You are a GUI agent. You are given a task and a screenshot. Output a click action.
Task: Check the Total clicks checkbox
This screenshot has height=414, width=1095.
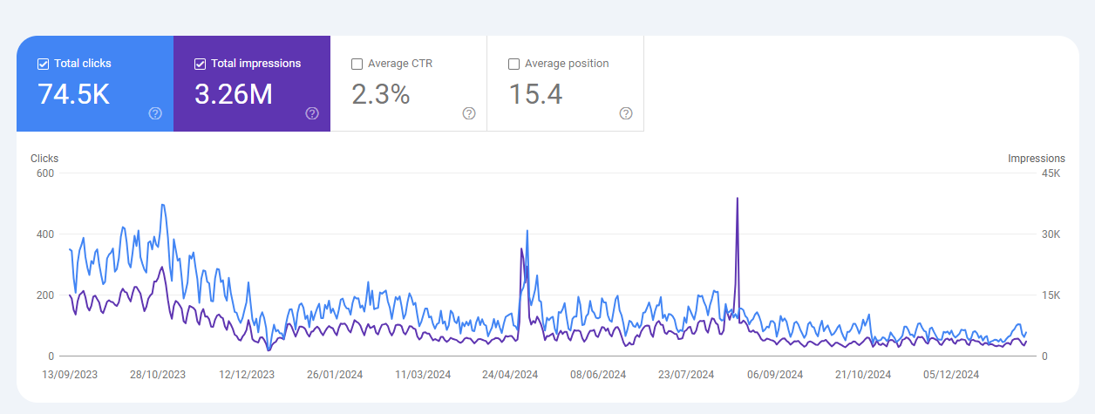tap(43, 64)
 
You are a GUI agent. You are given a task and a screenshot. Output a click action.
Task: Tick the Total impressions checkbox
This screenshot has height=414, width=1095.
tap(200, 64)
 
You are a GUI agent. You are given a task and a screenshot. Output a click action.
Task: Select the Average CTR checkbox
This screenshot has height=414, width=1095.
tap(357, 64)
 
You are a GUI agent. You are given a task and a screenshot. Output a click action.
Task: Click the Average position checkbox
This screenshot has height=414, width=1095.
tap(513, 64)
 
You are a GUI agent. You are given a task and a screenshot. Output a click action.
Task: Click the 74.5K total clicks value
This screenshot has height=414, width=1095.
tap(73, 94)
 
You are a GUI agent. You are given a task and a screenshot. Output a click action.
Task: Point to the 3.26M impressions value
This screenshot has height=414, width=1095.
tap(234, 94)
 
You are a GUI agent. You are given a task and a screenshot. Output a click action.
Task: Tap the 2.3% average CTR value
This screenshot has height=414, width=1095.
tap(380, 94)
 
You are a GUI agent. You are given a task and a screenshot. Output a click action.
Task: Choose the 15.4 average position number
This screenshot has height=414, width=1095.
tap(535, 94)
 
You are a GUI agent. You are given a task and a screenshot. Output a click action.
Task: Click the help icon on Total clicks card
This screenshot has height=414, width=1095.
tap(155, 113)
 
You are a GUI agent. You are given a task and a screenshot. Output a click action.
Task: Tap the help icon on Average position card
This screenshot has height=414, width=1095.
tap(626, 113)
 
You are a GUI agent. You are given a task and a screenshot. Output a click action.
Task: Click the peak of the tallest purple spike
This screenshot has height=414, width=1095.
tap(738, 199)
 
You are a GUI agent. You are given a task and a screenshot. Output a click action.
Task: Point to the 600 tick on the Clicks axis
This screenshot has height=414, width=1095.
tap(45, 173)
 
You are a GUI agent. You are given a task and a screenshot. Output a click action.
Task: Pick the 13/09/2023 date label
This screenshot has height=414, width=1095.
tap(71, 375)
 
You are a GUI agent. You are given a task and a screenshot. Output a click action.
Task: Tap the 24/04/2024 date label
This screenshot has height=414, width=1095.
tap(510, 375)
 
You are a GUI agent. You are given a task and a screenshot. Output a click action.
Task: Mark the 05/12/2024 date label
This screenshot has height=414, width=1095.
tap(952, 375)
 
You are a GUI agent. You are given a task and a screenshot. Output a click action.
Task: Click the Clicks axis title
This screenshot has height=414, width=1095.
tap(44, 159)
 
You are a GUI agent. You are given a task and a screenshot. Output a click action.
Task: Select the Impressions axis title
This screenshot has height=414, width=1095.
tap(1036, 159)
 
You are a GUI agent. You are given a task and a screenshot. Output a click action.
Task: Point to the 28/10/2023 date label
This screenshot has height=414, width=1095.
tap(158, 375)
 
